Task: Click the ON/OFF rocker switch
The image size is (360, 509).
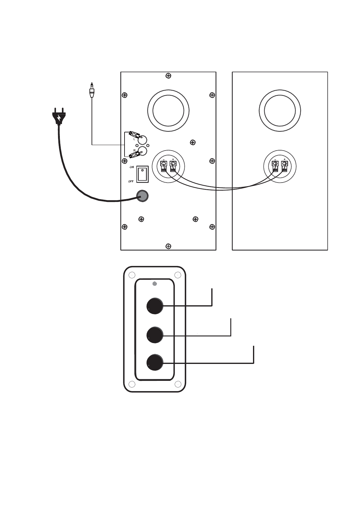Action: coord(142,174)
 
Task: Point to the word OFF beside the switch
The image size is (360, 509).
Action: coord(131,181)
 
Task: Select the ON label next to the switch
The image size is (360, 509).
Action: coord(131,167)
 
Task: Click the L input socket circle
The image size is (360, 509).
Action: coord(142,140)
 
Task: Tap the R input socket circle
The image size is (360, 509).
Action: coord(142,151)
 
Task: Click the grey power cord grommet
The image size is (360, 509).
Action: coord(142,196)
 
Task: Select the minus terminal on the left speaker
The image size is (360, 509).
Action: coord(164,165)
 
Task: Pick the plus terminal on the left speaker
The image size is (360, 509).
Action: coord(173,165)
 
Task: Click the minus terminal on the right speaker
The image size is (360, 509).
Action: coord(275,165)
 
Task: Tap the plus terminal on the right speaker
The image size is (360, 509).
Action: coord(284,165)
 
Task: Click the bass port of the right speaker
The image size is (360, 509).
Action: coord(280,110)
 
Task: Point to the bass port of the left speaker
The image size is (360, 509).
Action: coord(168,110)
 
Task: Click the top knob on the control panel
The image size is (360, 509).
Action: coord(155,306)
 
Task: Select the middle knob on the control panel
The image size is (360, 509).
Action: coord(155,335)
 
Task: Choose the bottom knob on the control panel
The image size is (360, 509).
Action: coord(155,362)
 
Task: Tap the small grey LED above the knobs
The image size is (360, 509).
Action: coord(154,284)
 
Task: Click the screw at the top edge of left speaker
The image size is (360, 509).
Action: coord(168,76)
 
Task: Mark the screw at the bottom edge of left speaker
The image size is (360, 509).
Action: coord(168,246)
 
